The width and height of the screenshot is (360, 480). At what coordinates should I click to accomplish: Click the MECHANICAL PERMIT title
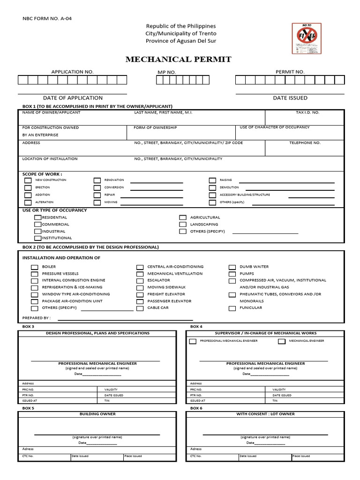pyautogui.click(x=178, y=60)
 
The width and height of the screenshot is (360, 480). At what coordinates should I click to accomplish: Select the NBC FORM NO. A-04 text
pyautogui.click(x=47, y=19)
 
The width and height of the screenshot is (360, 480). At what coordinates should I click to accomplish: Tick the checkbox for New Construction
pyautogui.click(x=28, y=180)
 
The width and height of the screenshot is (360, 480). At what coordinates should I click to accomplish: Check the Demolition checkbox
pyautogui.click(x=212, y=187)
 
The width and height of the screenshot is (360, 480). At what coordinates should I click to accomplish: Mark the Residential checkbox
pyautogui.click(x=37, y=217)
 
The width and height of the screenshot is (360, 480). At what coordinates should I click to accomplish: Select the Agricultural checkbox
pyautogui.click(x=183, y=217)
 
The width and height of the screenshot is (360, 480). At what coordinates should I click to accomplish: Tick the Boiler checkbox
pyautogui.click(x=34, y=267)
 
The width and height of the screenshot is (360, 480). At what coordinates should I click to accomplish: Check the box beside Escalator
pyautogui.click(x=140, y=281)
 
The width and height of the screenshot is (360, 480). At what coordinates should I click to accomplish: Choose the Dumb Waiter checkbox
pyautogui.click(x=232, y=267)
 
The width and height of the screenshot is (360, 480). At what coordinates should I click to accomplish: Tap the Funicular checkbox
pyautogui.click(x=232, y=308)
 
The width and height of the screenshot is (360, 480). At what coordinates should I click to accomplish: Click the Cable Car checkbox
pyautogui.click(x=140, y=308)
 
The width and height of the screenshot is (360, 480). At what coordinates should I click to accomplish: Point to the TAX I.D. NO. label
pyautogui.click(x=307, y=112)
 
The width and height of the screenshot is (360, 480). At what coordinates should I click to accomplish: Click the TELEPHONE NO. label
pyautogui.click(x=305, y=142)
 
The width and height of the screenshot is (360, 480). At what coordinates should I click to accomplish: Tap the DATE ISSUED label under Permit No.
pyautogui.click(x=290, y=98)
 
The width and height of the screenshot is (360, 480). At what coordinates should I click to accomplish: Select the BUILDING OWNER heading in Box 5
pyautogui.click(x=97, y=414)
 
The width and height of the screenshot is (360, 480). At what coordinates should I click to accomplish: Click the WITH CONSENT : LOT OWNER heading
pyautogui.click(x=265, y=414)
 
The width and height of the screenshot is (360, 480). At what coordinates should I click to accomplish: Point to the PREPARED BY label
pyautogui.click(x=37, y=317)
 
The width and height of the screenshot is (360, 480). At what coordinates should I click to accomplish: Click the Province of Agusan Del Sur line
pyautogui.click(x=181, y=41)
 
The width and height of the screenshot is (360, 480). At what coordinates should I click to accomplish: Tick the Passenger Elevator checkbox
pyautogui.click(x=140, y=301)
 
